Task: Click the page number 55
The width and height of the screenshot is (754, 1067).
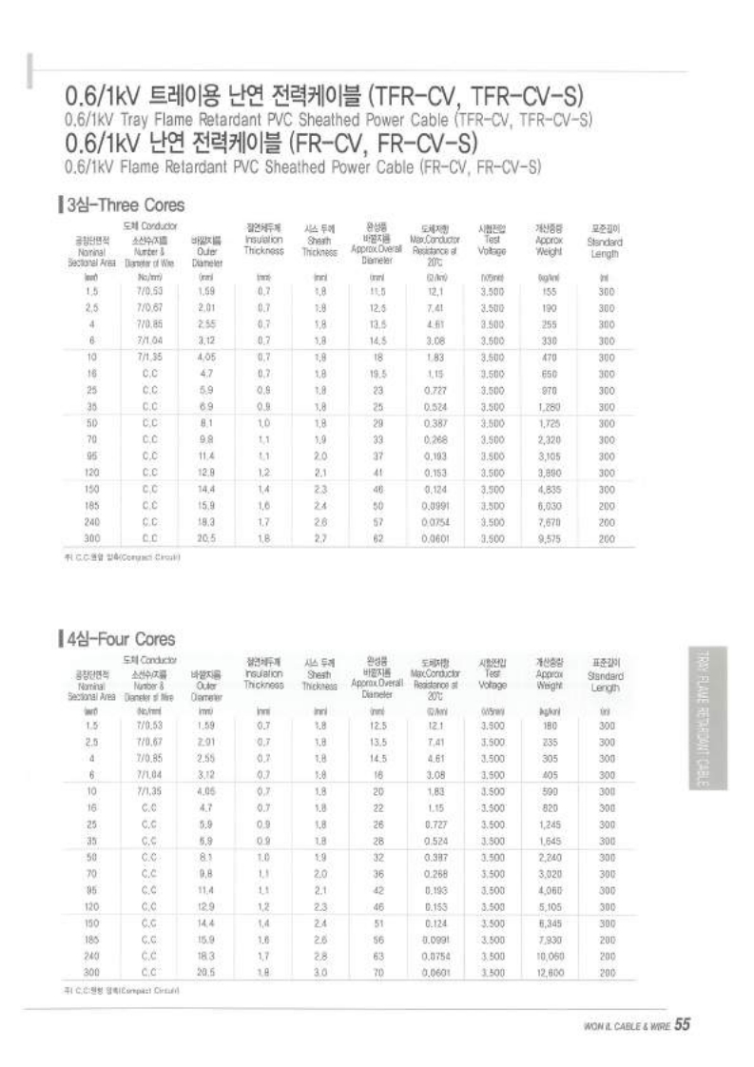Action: [682, 1024]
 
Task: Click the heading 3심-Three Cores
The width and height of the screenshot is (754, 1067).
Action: [124, 204]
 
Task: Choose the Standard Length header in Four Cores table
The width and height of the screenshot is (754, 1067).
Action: [605, 675]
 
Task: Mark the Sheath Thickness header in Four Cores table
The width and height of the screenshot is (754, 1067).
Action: [319, 675]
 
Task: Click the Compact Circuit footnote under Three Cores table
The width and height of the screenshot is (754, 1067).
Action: [120, 557]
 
